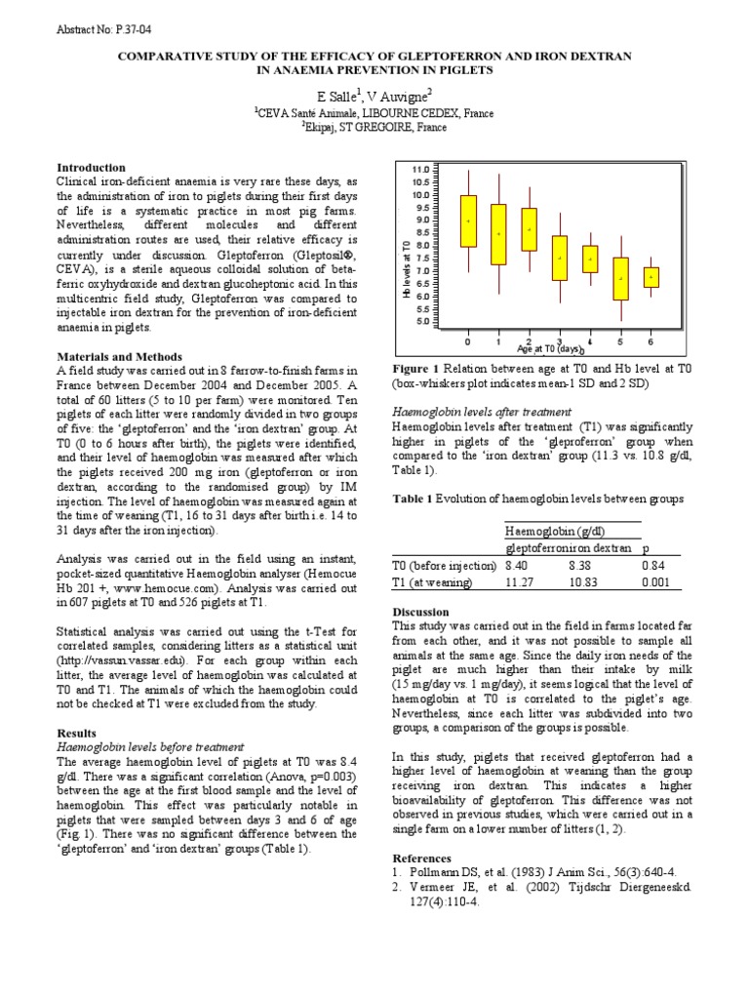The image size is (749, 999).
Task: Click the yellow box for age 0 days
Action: pyautogui.click(x=468, y=220)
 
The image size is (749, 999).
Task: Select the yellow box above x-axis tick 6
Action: pyautogui.click(x=651, y=277)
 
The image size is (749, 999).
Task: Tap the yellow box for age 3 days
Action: pyautogui.click(x=560, y=258)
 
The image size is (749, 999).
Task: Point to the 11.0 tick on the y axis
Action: pyautogui.click(x=421, y=169)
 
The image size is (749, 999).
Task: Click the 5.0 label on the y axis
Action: pyautogui.click(x=421, y=321)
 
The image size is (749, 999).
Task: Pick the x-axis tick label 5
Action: pyautogui.click(x=620, y=342)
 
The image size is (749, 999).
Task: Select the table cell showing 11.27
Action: pyautogui.click(x=519, y=582)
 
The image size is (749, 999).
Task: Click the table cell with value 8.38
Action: pyautogui.click(x=582, y=565)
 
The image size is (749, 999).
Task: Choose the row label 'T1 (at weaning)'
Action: pyautogui.click(x=432, y=582)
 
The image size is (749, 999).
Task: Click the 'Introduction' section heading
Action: pyautogui.click(x=91, y=168)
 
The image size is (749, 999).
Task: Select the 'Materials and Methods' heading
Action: pyautogui.click(x=119, y=357)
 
